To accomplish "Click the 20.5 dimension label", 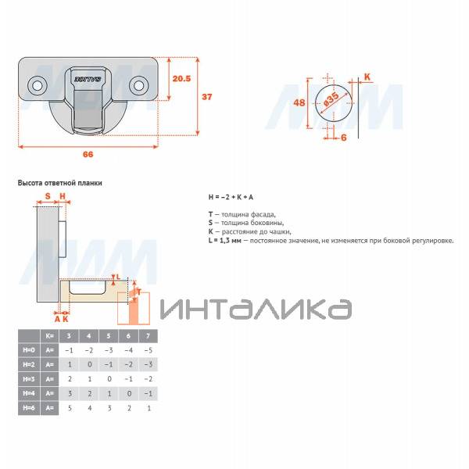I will tap(181, 79).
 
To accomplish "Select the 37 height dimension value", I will tap(207, 97).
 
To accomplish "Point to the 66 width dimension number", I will tap(88, 154).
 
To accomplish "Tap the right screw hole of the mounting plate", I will tap(140, 83).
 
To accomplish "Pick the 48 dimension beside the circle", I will tap(299, 103).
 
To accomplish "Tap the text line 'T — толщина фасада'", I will tap(242, 214).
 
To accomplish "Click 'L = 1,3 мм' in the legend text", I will tap(224, 241).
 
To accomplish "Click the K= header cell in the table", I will tap(49, 335).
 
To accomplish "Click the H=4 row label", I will tap(27, 393).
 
